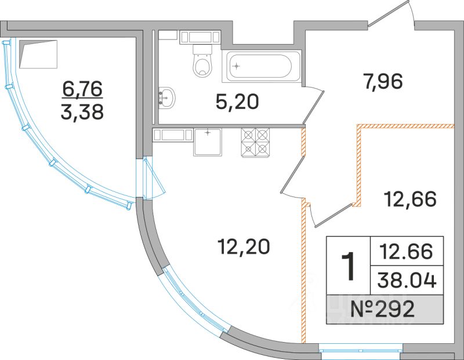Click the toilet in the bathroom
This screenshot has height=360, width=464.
click(x=202, y=61)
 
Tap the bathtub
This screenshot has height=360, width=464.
click(x=262, y=66)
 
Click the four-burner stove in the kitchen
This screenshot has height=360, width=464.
click(x=256, y=142)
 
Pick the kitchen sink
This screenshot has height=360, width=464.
click(x=208, y=142)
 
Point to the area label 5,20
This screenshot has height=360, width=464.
click(x=237, y=102)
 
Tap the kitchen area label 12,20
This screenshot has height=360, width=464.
click(x=244, y=247)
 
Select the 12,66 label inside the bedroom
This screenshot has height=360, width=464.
click(x=410, y=199)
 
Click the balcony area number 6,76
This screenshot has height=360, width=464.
click(x=82, y=89)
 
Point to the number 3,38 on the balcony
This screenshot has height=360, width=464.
click(x=82, y=112)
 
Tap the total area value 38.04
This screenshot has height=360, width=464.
click(x=407, y=281)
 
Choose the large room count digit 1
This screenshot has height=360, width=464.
click(x=348, y=266)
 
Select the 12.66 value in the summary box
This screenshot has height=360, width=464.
click(x=407, y=252)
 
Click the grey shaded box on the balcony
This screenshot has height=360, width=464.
click(x=38, y=54)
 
